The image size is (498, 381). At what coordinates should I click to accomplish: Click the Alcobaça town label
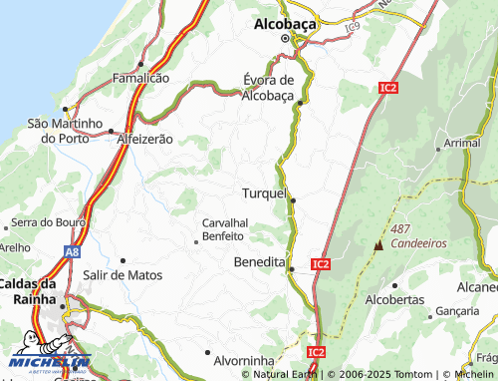coord(284,21)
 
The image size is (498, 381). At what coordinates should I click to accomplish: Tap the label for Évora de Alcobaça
coord(269,88)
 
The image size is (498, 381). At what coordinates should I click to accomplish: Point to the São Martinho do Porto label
coord(66,131)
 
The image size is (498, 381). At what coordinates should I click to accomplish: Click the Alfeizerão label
coord(145,140)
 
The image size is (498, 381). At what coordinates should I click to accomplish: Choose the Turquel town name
coord(264,192)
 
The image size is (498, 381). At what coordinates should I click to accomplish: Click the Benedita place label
coord(259,261)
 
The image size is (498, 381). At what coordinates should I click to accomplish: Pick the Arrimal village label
coord(462,144)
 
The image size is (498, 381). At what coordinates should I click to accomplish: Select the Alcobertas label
coord(395,299)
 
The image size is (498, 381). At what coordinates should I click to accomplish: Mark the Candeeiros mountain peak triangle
coord(378,244)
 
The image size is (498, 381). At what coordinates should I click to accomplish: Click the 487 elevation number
coord(400,228)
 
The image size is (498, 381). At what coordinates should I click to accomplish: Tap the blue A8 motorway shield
coord(73,253)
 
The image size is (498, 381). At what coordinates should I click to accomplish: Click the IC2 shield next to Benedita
coord(320,264)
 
